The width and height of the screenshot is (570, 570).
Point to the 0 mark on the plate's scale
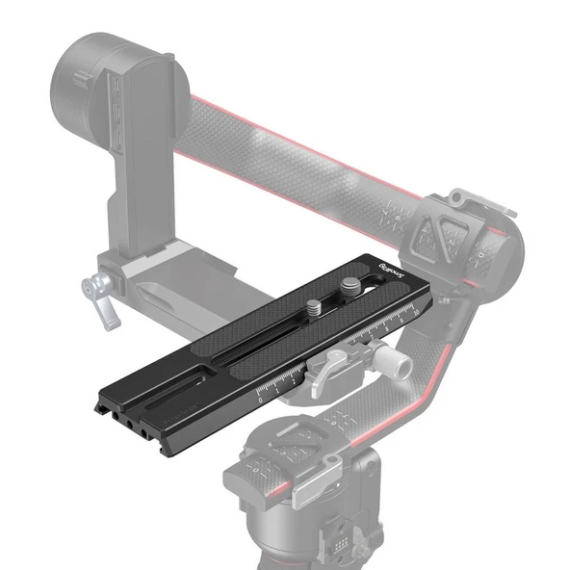click(262, 396)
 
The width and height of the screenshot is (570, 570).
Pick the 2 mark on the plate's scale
click(293, 379)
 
